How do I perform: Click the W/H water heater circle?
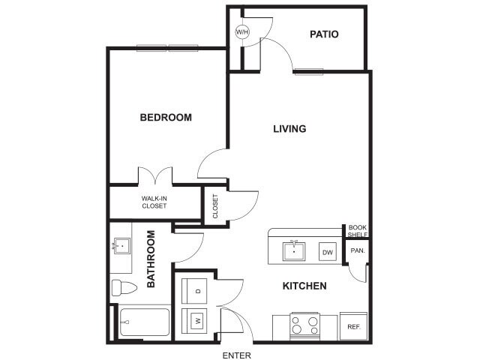coord(242,32)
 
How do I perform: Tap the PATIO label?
coord(324,34)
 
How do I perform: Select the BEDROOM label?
coord(166,118)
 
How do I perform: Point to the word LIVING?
coord(289,129)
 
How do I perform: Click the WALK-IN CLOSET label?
coord(154,202)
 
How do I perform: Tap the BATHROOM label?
coord(151,259)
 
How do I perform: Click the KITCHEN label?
coord(304,286)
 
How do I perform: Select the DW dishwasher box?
coord(328,253)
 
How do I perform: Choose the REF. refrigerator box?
coord(352,326)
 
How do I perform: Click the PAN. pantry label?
coord(357,251)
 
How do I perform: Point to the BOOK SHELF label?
coord(357,231)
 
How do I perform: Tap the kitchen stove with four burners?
coord(305,325)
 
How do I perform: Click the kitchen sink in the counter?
coord(294,250)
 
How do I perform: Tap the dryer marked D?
coord(197,290)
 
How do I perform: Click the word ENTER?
coord(236,355)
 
